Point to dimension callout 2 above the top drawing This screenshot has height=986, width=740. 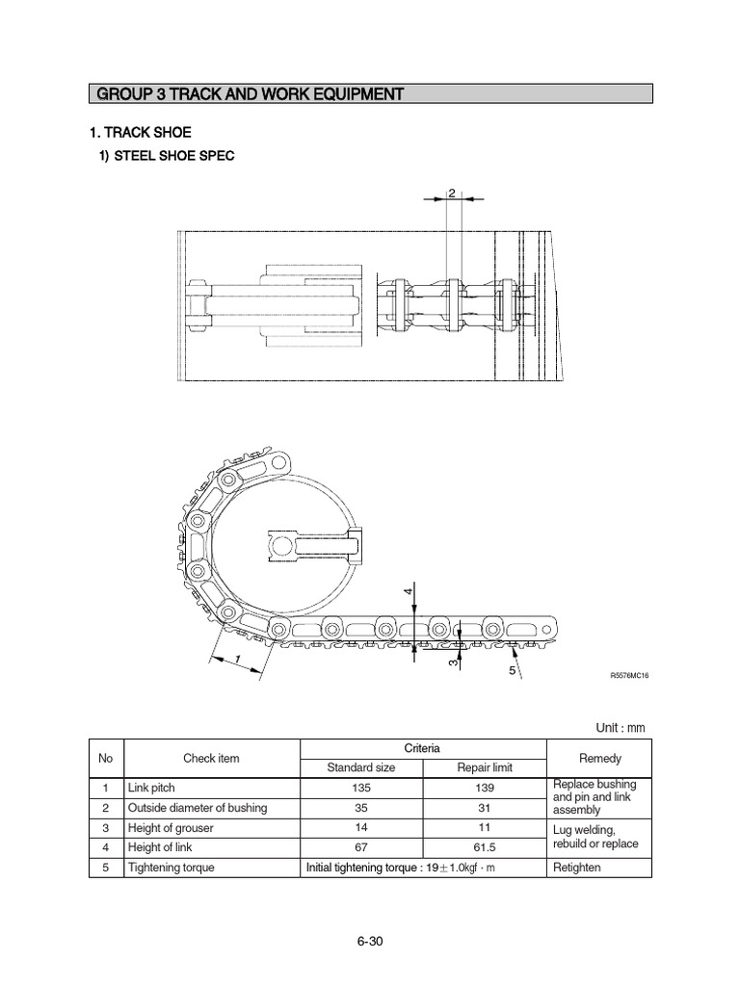(451, 194)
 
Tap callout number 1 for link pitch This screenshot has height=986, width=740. (236, 658)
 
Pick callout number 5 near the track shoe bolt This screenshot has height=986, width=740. (513, 669)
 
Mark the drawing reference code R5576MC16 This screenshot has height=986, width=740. (630, 676)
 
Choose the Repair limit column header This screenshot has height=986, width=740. (485, 767)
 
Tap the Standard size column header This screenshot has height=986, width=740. (361, 767)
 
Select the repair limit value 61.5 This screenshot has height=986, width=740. (485, 847)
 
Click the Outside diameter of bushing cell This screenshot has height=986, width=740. (198, 808)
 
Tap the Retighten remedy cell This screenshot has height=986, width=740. (577, 868)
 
